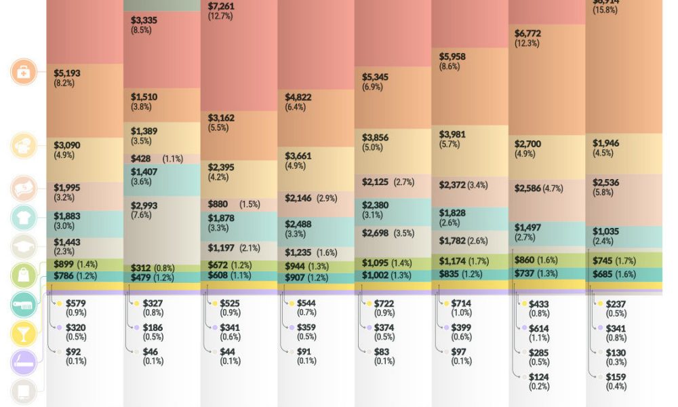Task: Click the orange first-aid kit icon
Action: point(24,72)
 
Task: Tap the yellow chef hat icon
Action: point(24,146)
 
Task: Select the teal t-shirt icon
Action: point(24,218)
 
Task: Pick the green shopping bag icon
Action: point(24,275)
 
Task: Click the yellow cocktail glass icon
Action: point(24,334)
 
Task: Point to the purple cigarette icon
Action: point(24,363)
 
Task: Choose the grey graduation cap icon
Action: point(24,247)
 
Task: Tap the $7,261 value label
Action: point(222,6)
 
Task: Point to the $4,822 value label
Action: point(298,97)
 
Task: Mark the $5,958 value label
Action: point(452,56)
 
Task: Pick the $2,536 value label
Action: point(605,182)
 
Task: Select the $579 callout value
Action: point(76,303)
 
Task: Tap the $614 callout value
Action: point(539,328)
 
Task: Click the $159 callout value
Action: point(616,377)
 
